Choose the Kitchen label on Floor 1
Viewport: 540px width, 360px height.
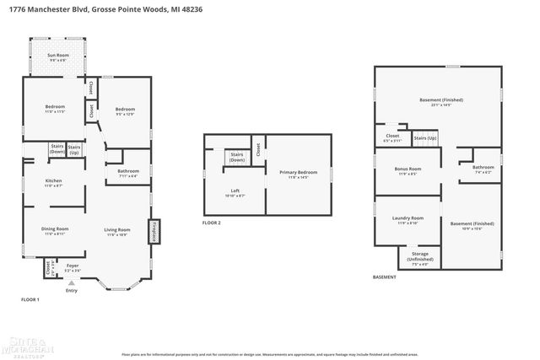(x=54, y=182)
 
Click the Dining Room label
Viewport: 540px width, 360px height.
(x=56, y=231)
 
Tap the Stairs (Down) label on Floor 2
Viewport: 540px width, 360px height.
(x=237, y=157)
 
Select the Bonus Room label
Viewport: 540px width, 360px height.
(x=408, y=170)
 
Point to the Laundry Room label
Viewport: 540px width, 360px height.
(x=408, y=220)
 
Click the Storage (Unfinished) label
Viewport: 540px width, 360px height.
(x=419, y=256)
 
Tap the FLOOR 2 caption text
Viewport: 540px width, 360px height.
(x=212, y=223)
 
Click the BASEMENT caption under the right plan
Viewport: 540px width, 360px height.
(x=384, y=277)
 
